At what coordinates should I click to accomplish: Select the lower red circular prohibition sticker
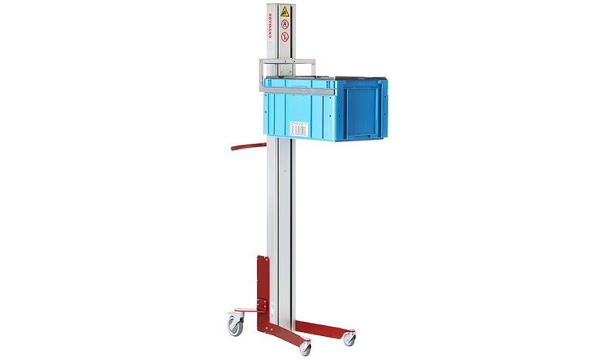click(286, 36)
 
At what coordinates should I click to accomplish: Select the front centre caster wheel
click(306, 348)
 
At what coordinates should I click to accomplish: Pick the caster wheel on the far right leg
click(350, 338)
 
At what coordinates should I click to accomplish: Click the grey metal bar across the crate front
click(297, 91)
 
